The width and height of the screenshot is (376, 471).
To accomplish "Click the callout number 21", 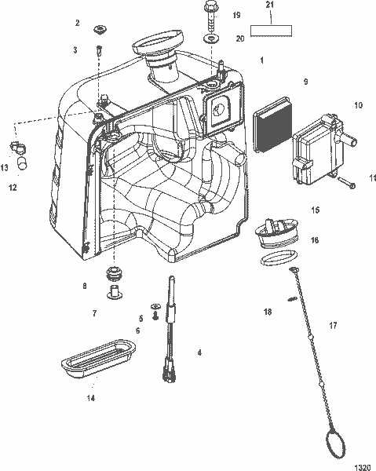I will click(x=270, y=6).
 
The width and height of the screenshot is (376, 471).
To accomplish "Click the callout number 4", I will click(x=199, y=353).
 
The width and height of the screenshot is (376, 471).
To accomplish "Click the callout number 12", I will click(x=12, y=188).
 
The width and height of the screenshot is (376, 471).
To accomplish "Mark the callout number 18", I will click(x=268, y=312).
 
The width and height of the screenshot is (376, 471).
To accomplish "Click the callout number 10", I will click(x=359, y=104).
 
